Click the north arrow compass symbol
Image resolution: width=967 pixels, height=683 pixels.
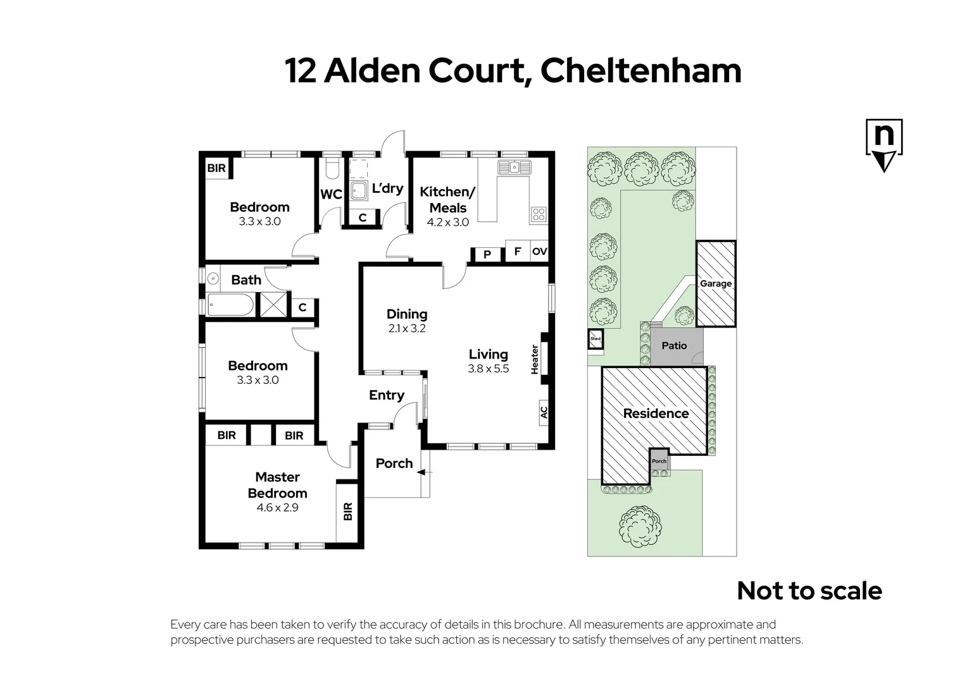[x=883, y=145]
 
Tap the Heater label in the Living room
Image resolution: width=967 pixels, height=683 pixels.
[x=535, y=359]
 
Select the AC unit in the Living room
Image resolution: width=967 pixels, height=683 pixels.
[x=544, y=412]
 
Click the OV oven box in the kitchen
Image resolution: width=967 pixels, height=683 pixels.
[x=539, y=252]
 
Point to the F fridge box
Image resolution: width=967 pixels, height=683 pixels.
[x=517, y=252]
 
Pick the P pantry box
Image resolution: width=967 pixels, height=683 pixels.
[x=487, y=254]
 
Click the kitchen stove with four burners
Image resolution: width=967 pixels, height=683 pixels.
[x=539, y=214]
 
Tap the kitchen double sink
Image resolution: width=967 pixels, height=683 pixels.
[x=513, y=168]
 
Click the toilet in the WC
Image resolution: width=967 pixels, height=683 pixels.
[x=331, y=169]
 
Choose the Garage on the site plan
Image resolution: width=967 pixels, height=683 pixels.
[x=716, y=283]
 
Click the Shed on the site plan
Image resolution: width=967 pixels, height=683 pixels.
[x=596, y=339]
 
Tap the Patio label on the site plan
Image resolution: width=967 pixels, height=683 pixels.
[x=674, y=345]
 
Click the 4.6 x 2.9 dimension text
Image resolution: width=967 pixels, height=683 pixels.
[x=277, y=507]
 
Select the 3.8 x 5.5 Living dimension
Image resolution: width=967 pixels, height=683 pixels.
[x=488, y=369]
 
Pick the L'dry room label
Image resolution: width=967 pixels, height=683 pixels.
[x=387, y=188]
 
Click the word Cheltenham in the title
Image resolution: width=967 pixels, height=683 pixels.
[x=640, y=70]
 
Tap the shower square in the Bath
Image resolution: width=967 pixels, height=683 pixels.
[x=274, y=304]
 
